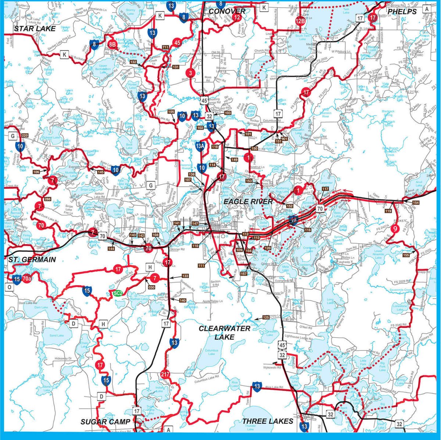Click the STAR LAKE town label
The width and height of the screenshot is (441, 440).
35,29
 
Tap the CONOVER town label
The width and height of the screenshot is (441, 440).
226,11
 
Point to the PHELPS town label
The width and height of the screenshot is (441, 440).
402,11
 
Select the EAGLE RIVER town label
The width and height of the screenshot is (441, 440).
248,202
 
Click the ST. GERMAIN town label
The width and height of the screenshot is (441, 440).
32,260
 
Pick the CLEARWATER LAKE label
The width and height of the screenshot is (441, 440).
225,332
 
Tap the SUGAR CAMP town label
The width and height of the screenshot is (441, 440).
105,422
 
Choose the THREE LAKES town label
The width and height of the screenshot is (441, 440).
268,421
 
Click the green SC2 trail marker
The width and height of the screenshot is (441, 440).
118,293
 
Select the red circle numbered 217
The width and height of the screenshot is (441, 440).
165,374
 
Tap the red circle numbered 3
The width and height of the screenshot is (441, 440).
190,73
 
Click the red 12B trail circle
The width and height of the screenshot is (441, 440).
300,21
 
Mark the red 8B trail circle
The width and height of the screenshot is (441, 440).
112,44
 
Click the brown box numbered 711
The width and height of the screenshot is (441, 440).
165,47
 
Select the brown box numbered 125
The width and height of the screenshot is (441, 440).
266,317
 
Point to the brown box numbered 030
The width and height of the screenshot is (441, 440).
152,287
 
